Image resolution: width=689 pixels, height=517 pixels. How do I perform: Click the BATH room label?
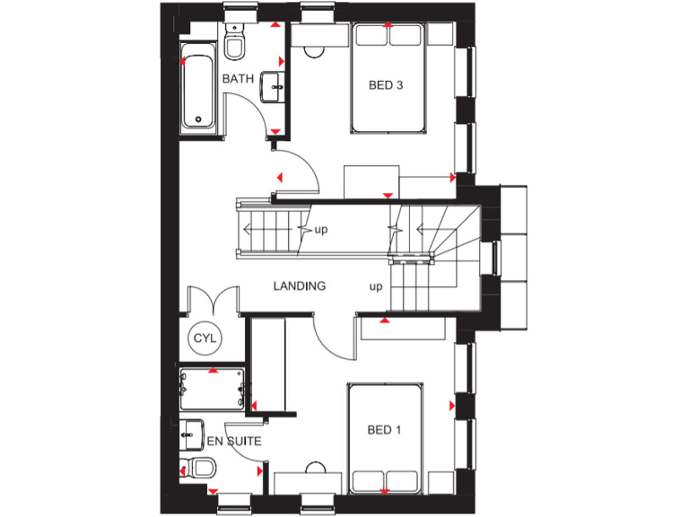238,79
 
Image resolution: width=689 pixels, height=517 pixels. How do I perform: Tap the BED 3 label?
386,86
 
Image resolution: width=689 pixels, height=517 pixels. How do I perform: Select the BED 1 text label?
384,431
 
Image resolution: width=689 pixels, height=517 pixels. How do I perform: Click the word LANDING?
300,286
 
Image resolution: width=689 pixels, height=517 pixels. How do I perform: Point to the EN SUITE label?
234,441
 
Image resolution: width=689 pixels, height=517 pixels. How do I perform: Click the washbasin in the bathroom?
274,88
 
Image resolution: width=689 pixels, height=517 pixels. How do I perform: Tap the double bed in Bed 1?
385,438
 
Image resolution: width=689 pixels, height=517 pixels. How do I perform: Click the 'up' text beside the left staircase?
320,230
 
